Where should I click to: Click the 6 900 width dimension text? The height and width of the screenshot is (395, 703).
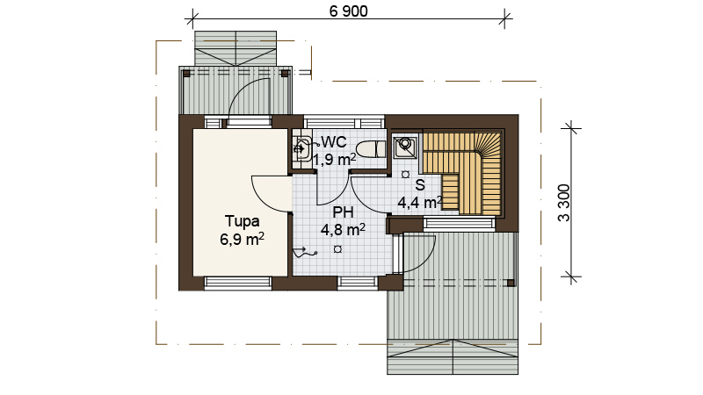[348, 11]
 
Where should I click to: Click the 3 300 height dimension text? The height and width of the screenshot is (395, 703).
[564, 203]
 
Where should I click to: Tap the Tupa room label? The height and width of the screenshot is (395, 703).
[242, 221]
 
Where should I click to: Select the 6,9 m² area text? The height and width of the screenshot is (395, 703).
[242, 239]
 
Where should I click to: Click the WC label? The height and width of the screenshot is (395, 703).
[334, 142]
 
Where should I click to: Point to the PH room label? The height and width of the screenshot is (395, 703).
[343, 212]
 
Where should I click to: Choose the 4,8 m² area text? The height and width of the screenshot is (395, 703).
[343, 230]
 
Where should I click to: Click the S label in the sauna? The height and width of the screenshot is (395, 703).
[420, 185]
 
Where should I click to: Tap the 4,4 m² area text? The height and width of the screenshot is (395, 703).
[420, 203]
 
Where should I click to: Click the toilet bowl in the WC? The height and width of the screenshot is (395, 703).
[371, 149]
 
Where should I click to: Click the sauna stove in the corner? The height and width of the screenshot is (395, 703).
[405, 147]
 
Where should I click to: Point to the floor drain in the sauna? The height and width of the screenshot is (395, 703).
[405, 174]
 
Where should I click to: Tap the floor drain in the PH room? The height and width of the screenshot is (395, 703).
[337, 249]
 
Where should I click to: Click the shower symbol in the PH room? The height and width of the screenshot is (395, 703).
[304, 252]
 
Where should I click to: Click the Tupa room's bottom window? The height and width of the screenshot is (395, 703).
[238, 282]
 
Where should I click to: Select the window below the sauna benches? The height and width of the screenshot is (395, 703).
[459, 223]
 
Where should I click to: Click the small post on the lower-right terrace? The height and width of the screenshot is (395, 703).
[511, 283]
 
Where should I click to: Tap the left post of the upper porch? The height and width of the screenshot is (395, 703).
[186, 74]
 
